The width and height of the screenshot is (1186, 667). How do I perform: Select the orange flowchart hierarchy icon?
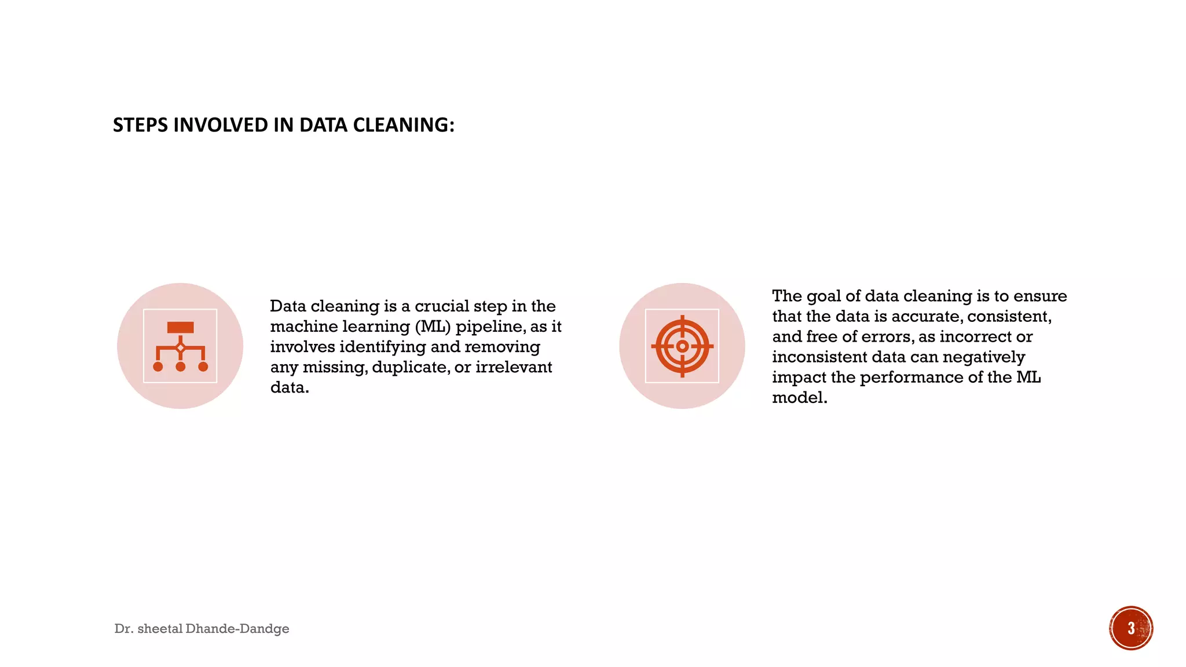180,346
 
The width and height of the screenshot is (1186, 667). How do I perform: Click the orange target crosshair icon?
682,346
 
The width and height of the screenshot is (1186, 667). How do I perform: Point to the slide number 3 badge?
1130,628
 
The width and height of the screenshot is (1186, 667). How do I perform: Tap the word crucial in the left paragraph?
442,306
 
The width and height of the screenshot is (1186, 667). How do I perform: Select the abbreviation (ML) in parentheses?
433,327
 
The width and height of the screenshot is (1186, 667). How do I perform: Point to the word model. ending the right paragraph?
799,398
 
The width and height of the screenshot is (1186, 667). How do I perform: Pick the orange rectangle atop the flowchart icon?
180,328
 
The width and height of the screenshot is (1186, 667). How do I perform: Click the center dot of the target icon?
682,346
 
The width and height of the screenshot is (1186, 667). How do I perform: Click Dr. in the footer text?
123,629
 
